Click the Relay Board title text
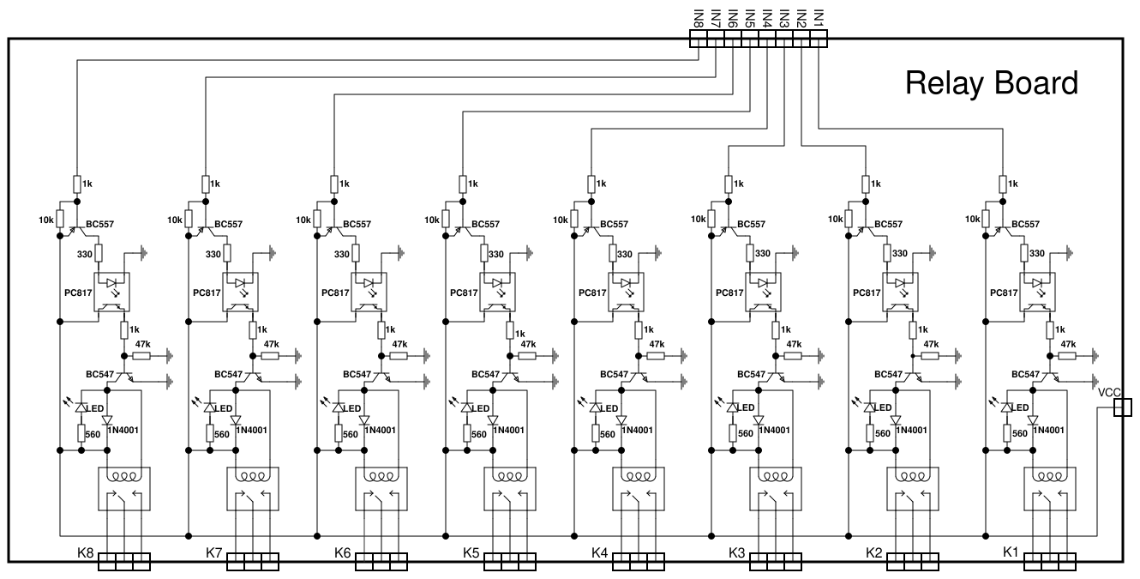tap(991, 84)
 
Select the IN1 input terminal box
tap(819, 39)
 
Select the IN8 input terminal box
tap(699, 39)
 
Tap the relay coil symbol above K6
tap(381, 478)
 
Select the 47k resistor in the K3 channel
tap(794, 355)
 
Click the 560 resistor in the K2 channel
tap(869, 434)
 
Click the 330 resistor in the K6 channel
tap(356, 254)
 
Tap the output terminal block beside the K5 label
tap(510, 562)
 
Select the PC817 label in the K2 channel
tap(867, 293)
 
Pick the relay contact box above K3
tap(776, 500)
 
